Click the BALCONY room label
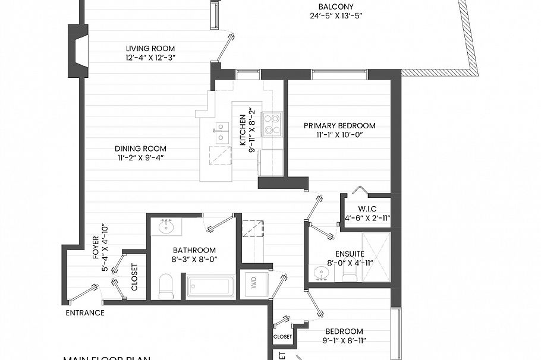click(x=335, y=7)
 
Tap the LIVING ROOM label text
click(x=150, y=49)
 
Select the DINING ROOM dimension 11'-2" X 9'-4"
click(x=140, y=157)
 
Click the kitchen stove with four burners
click(x=272, y=124)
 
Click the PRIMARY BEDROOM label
click(x=339, y=126)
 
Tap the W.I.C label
click(x=367, y=209)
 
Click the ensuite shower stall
click(x=376, y=257)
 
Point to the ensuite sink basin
click(x=322, y=273)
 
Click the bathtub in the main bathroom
click(x=210, y=286)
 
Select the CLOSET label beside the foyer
click(x=134, y=277)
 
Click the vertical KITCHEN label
click(x=243, y=130)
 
